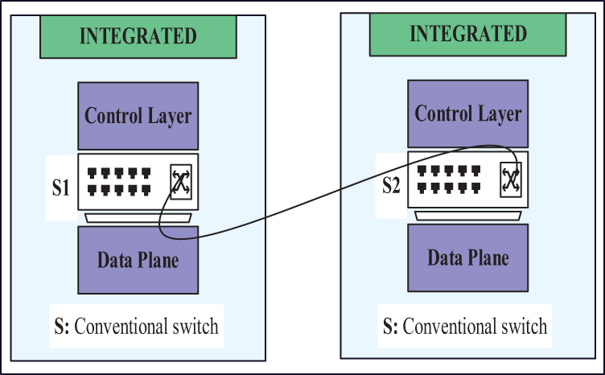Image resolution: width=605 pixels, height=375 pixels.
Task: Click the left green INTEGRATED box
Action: [138, 36]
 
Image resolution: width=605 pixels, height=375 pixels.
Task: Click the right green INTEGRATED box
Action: [468, 34]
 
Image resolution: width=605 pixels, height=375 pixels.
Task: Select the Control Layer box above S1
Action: [138, 116]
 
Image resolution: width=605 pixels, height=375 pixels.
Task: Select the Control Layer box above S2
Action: [468, 113]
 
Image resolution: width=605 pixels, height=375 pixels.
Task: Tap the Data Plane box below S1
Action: [138, 260]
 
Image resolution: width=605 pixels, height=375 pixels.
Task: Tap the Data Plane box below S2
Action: [468, 258]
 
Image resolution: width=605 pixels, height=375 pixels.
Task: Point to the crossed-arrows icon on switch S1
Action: [180, 183]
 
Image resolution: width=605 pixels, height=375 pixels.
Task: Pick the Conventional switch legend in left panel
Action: [134, 328]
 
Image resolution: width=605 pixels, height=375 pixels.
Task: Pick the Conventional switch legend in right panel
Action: [464, 327]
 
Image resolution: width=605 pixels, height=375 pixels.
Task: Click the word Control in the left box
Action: [113, 116]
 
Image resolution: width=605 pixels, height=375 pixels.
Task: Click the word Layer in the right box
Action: [500, 113]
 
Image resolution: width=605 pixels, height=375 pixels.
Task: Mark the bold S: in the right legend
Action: [390, 327]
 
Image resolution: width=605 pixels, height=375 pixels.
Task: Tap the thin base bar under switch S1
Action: [138, 217]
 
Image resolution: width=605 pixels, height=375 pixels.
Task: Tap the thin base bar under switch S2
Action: [468, 215]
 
